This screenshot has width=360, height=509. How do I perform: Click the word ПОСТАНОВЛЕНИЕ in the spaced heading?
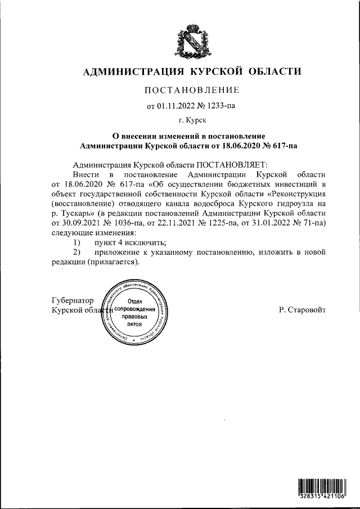point(192,91)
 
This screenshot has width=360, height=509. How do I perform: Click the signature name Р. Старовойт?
point(302,310)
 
